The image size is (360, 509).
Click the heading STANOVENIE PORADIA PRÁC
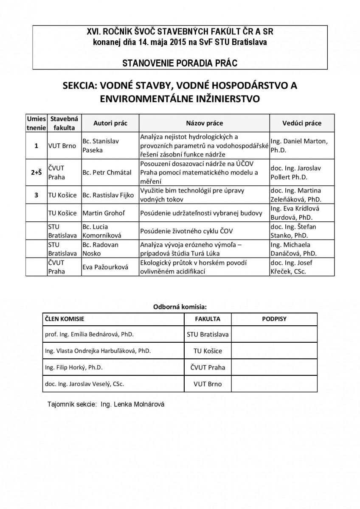[x=180, y=63]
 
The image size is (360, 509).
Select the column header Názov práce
[x=204, y=123]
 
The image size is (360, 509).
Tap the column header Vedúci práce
[x=301, y=123]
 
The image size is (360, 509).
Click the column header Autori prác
[x=110, y=123]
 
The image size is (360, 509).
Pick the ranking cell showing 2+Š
[x=36, y=172]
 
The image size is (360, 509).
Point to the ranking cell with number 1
[x=36, y=145]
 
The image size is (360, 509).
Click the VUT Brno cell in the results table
[x=62, y=145]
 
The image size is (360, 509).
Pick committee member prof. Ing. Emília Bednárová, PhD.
[x=89, y=334]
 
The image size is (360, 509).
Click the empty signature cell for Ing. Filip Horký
[x=274, y=367]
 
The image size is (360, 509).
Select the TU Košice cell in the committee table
[x=208, y=351]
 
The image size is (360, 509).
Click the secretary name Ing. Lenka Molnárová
[x=132, y=405]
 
